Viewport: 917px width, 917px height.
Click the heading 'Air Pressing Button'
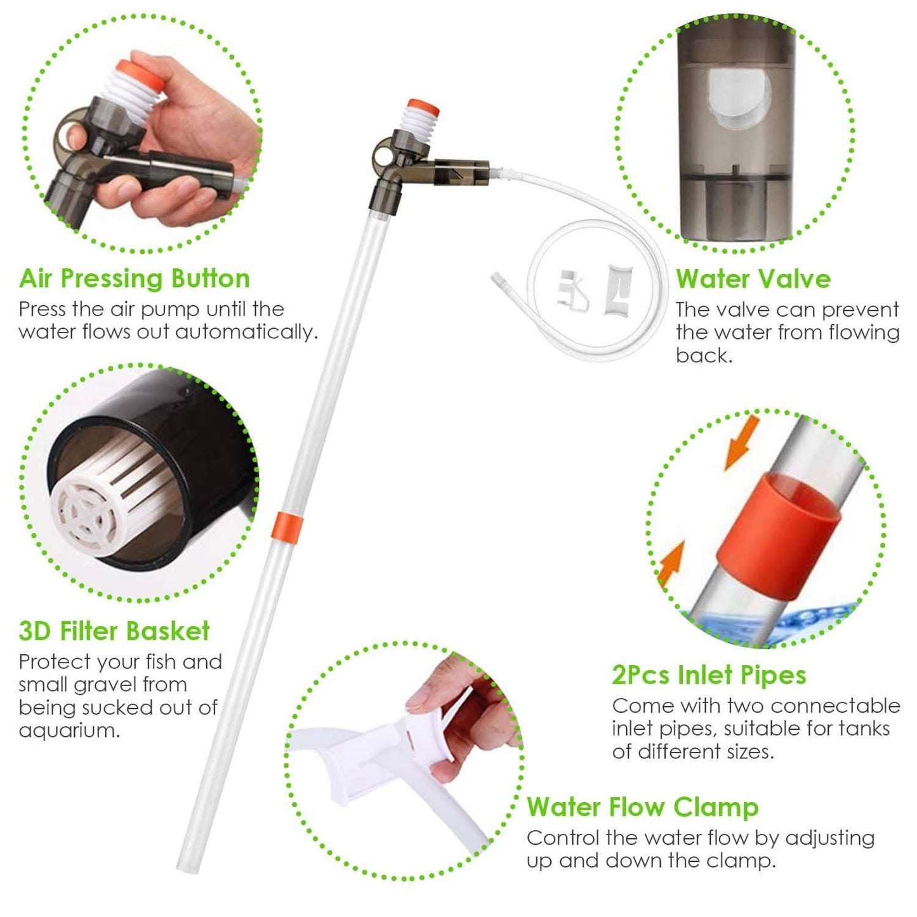[x=135, y=279]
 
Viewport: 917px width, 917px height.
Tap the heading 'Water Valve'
[x=753, y=279]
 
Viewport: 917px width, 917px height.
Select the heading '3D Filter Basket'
[x=114, y=631]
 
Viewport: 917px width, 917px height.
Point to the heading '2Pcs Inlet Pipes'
[x=709, y=675]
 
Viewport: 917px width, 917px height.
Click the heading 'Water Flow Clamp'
[x=642, y=807]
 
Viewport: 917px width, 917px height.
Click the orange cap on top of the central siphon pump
[x=424, y=105]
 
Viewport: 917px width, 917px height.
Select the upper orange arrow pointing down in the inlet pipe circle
[x=740, y=442]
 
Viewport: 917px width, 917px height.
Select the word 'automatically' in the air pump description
[x=261, y=332]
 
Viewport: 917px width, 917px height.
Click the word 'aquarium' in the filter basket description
[x=69, y=730]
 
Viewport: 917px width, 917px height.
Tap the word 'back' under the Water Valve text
[x=703, y=355]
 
